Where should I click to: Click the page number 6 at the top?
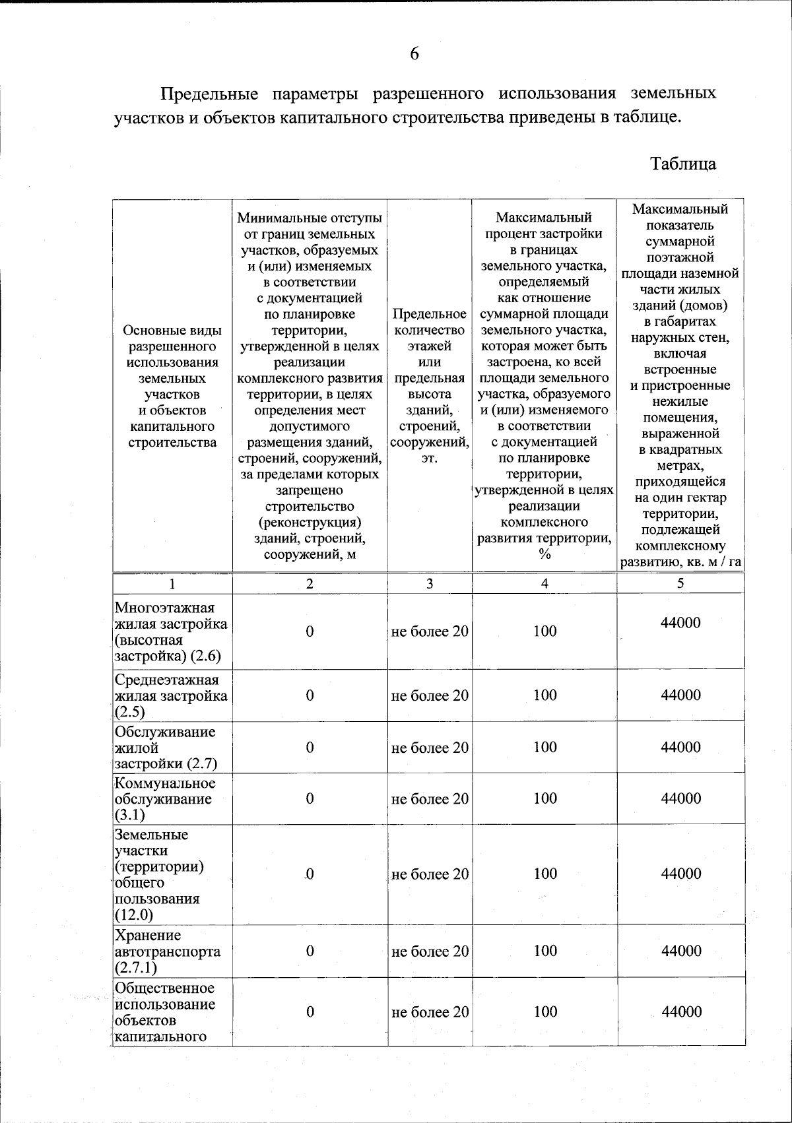tap(414, 54)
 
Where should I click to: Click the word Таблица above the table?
tap(682, 164)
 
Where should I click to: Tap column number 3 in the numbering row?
tap(430, 583)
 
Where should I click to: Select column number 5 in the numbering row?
tap(680, 583)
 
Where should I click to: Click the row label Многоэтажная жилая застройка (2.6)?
tap(171, 631)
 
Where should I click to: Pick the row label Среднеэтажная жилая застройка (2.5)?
tap(171, 695)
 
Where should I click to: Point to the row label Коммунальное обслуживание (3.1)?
tap(165, 798)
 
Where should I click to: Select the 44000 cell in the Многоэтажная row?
tap(680, 623)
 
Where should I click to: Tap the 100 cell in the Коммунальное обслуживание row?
tap(545, 798)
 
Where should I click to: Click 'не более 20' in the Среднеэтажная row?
tap(430, 695)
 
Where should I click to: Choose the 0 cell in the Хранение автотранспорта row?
tap(310, 951)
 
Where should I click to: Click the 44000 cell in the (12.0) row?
tap(680, 874)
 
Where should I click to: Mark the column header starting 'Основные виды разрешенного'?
tap(172, 386)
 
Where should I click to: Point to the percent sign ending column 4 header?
tap(544, 554)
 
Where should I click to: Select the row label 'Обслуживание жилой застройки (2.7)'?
tap(165, 748)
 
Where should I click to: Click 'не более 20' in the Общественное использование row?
tap(430, 1012)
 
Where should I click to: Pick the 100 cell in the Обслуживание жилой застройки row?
tap(545, 747)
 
